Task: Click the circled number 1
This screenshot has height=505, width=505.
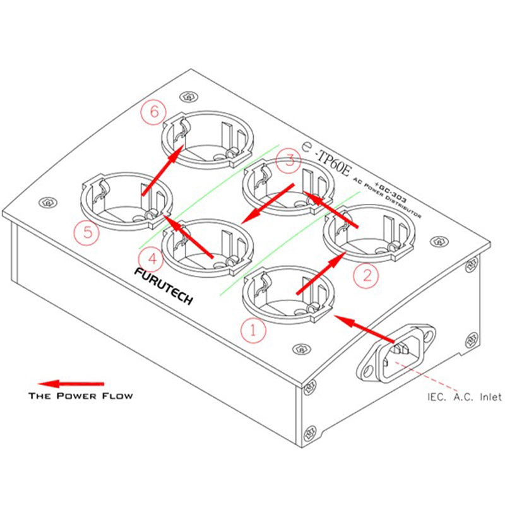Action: (252, 329)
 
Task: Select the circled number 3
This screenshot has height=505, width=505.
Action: (288, 160)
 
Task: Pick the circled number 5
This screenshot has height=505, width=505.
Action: (87, 232)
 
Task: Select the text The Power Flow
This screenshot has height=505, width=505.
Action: (81, 396)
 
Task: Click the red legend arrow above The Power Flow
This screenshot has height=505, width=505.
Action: (71, 383)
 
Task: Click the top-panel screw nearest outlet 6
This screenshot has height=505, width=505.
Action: (186, 97)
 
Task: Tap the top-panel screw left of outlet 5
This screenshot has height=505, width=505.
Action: (46, 203)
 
